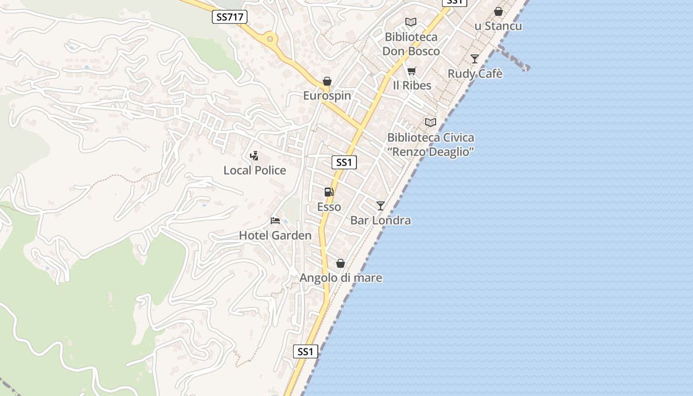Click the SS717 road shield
pos(230,17)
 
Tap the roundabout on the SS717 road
pos(270,38)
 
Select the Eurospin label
pos(327,96)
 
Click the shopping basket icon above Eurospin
pos(327,81)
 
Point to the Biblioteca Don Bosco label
pos(411,44)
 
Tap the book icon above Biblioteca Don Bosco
pos(411,22)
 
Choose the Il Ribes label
pos(412,85)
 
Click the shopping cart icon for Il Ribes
pos(411,71)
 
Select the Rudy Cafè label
pos(475,74)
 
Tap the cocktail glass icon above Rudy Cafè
pos(475,59)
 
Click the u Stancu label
pos(498,26)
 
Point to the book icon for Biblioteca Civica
pos(431,122)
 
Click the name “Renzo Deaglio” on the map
pos(431,151)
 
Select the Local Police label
pos(254,170)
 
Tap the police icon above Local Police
pos(254,156)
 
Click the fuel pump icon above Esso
pos(329,192)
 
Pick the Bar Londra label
pos(380,220)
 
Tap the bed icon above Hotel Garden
pos(275,221)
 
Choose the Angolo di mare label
pos(341,278)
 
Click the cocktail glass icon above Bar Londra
pos(380,206)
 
